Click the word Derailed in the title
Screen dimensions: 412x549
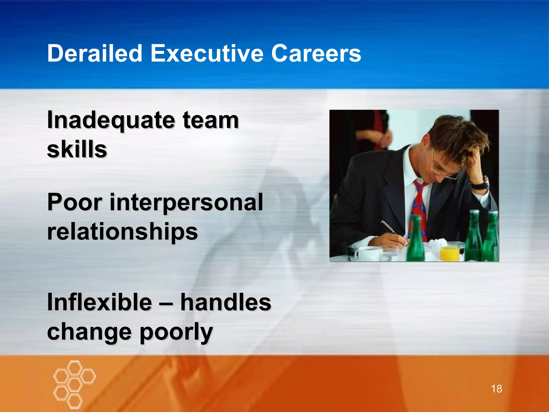click(95, 53)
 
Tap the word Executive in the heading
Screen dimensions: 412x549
click(207, 53)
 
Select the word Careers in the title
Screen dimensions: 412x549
click(316, 53)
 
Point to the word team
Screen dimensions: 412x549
click(211, 120)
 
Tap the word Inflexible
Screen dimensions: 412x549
click(99, 302)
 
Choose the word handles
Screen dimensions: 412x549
click(226, 302)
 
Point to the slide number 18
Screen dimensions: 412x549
click(496, 389)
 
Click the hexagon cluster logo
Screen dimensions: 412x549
click(74, 384)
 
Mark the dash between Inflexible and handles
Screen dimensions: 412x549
click(166, 303)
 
